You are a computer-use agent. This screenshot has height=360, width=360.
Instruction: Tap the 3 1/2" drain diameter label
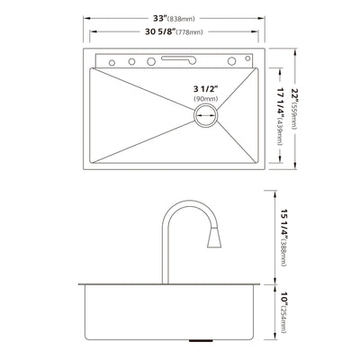tap(206, 88)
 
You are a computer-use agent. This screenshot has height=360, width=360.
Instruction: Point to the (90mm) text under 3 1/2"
tap(206, 100)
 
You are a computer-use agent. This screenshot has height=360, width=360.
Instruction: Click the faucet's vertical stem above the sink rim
tap(167, 256)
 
